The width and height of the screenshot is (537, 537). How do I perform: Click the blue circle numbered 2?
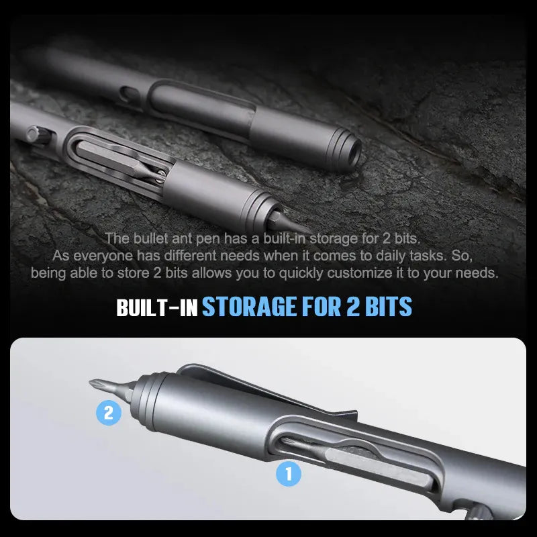(x=109, y=413)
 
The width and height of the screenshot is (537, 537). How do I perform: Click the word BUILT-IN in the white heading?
(x=156, y=307)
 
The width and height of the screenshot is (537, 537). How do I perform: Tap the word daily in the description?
(x=393, y=256)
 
